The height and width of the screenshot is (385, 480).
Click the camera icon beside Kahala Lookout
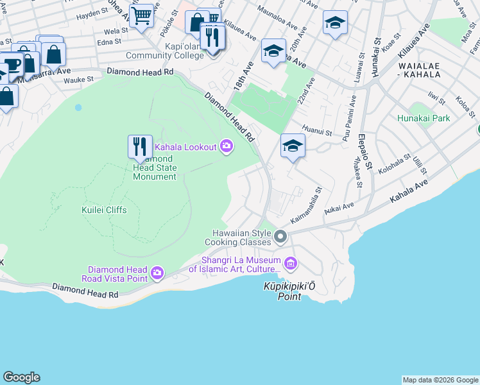226,147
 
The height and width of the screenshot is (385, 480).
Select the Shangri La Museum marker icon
290,262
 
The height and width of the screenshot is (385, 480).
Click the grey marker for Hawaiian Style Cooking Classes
280,237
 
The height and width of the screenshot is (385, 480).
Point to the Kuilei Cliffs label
104,210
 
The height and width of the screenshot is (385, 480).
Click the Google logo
21,377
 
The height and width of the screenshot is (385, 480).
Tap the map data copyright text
440,380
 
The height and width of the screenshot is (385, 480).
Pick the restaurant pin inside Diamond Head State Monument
139,147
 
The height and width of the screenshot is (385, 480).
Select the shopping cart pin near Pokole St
141,15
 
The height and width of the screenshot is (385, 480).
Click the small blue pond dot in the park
78,107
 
